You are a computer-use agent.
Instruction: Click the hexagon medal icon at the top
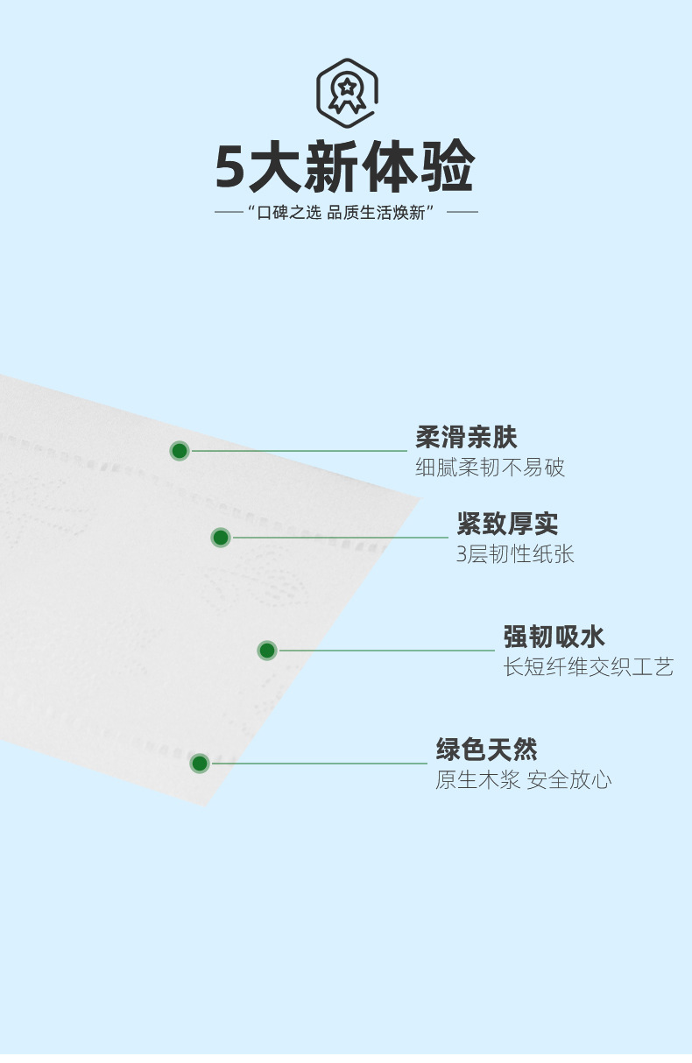pyautogui.click(x=347, y=88)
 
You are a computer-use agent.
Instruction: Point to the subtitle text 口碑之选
pyautogui.click(x=289, y=213)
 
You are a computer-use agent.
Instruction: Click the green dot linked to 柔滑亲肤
pyautogui.click(x=180, y=451)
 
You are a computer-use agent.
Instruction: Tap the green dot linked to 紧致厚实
pyautogui.click(x=221, y=538)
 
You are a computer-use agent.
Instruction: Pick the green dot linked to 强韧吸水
pyautogui.click(x=267, y=651)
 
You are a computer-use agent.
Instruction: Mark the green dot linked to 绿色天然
pyautogui.click(x=200, y=764)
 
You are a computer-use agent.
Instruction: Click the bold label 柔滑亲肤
pyautogui.click(x=466, y=437)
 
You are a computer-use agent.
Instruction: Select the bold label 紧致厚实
pyautogui.click(x=507, y=524)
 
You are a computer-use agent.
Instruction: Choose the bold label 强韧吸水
pyautogui.click(x=554, y=637)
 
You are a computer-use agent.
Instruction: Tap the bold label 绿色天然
pyautogui.click(x=487, y=750)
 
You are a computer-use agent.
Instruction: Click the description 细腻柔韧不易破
pyautogui.click(x=490, y=468)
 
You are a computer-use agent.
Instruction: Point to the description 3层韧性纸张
pyautogui.click(x=515, y=554)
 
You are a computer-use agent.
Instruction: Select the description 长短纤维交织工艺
pyautogui.click(x=588, y=667)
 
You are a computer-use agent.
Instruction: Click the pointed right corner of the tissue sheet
pyautogui.click(x=419, y=499)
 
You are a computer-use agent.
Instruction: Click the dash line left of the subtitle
pyautogui.click(x=229, y=212)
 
